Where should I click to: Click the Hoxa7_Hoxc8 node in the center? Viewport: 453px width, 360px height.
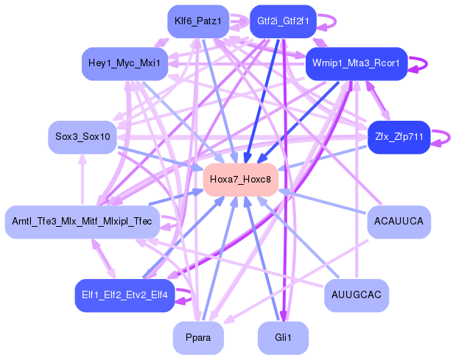(240, 180)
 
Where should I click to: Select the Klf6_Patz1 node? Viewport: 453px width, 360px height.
(197, 22)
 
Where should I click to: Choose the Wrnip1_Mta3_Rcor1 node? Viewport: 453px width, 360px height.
(357, 64)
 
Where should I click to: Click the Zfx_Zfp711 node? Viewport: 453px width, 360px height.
(398, 138)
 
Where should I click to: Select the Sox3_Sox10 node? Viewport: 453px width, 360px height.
(82, 138)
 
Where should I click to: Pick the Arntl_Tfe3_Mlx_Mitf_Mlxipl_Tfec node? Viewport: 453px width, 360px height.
(82, 222)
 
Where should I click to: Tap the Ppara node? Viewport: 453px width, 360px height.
(197, 338)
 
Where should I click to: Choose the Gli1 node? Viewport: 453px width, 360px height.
(283, 338)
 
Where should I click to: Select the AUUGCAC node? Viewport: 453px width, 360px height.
(357, 295)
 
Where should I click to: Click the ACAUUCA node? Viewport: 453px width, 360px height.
(398, 222)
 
